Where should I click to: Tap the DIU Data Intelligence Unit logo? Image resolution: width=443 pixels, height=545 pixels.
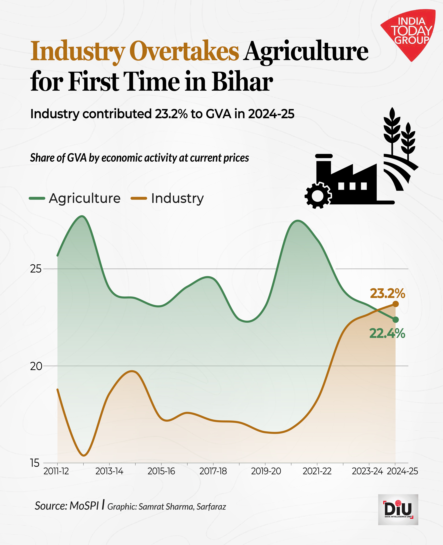pyautogui.click(x=398, y=510)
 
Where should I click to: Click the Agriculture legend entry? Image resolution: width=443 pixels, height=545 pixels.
pyautogui.click(x=75, y=198)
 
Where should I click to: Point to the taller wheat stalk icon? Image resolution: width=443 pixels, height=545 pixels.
pyautogui.click(x=392, y=130)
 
